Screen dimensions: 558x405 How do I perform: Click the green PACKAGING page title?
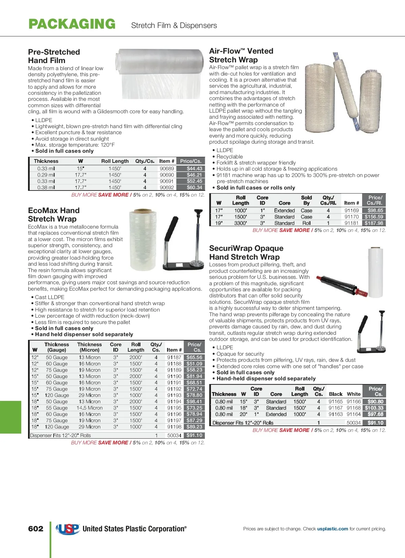(72, 24)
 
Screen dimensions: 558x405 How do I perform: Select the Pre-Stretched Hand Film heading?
(54, 56)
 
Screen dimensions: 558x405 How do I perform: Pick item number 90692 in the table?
(167, 187)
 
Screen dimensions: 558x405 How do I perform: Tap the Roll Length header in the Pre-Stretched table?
(115, 161)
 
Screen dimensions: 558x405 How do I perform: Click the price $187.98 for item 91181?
(374, 223)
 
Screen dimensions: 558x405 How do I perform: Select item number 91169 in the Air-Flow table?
(351, 210)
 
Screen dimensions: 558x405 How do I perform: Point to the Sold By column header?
(306, 200)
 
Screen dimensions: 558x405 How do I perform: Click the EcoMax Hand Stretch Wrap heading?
(54, 215)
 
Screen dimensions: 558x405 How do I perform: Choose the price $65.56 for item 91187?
(194, 357)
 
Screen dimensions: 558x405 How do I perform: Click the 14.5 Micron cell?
(89, 408)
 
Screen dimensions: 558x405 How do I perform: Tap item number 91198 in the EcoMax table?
(174, 427)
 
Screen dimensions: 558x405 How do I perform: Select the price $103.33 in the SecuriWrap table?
(374, 408)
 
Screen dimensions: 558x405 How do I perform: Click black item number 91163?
(335, 414)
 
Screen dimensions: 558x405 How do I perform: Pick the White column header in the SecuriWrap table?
(353, 394)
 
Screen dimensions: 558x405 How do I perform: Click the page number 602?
(36, 529)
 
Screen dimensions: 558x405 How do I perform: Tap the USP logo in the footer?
(68, 529)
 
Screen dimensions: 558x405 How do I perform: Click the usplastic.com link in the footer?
(332, 529)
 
